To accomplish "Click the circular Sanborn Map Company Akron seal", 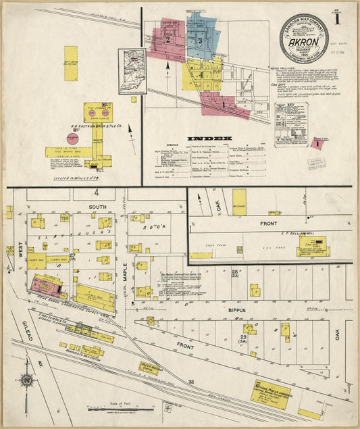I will pyautogui.click(x=303, y=39).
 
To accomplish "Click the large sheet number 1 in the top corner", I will pyautogui.click(x=348, y=17).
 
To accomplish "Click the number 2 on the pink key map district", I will pyautogui.click(x=166, y=39).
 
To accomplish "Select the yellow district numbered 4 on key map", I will pyautogui.click(x=201, y=75).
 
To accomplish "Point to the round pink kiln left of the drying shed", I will pyautogui.click(x=72, y=138).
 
